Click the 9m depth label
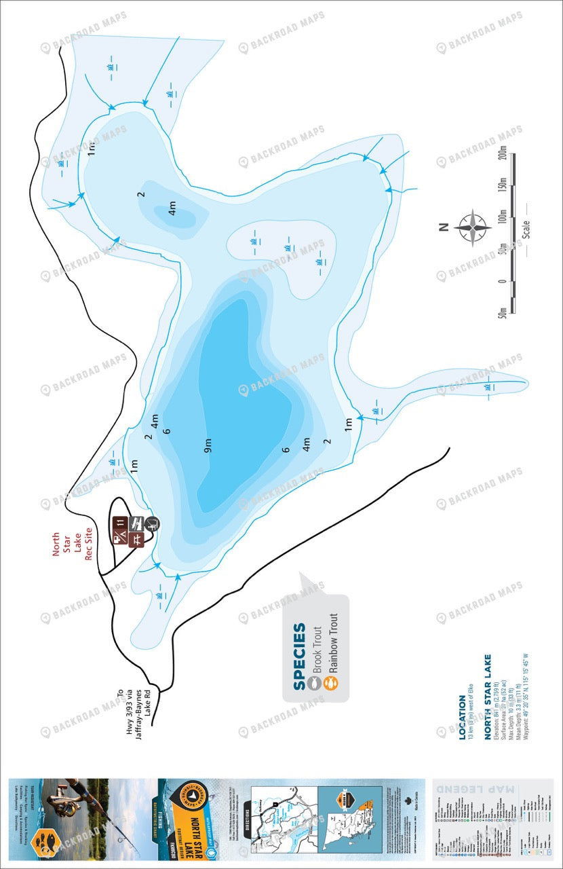click(208, 446)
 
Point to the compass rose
click(473, 228)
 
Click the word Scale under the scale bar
click(526, 229)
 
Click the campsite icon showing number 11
click(121, 522)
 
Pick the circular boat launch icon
click(152, 523)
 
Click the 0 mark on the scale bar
click(503, 281)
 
